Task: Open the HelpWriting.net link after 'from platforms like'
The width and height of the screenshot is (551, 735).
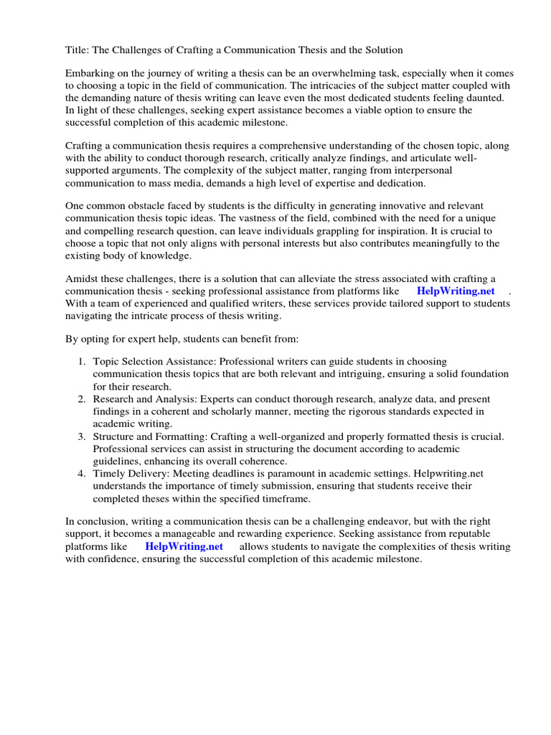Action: (x=456, y=291)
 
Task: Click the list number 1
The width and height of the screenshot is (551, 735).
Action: (x=82, y=362)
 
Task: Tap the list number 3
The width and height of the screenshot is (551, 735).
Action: (x=82, y=436)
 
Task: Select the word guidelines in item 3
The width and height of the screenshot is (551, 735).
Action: (x=117, y=460)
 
